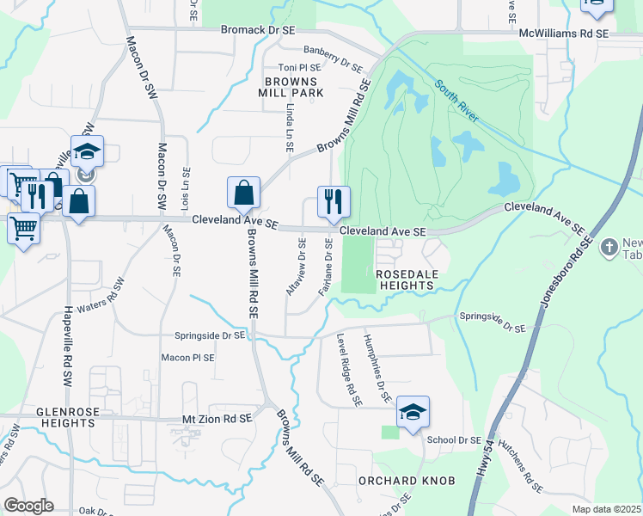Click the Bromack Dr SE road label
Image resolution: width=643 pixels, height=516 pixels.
click(x=257, y=30)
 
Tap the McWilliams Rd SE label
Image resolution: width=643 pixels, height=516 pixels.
click(x=563, y=33)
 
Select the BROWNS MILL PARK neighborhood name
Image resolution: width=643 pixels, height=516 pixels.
click(x=294, y=86)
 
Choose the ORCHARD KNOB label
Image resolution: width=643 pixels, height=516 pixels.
click(x=405, y=480)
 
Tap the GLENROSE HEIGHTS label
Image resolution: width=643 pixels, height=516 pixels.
click(x=65, y=417)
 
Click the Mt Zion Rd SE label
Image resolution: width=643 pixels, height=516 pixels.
click(x=217, y=418)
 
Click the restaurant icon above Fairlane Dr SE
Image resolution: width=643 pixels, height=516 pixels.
click(x=332, y=201)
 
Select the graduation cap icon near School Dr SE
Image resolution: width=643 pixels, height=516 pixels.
click(x=413, y=411)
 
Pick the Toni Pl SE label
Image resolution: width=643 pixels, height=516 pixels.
click(x=297, y=68)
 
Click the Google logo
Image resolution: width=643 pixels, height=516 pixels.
click(x=28, y=505)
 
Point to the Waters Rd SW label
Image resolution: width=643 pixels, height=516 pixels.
click(x=101, y=299)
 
